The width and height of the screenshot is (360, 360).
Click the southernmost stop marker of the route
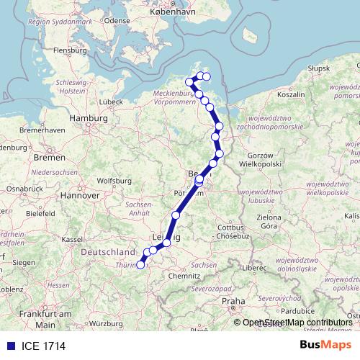[x=140, y=266]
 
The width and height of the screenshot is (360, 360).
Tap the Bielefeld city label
[x=42, y=214]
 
